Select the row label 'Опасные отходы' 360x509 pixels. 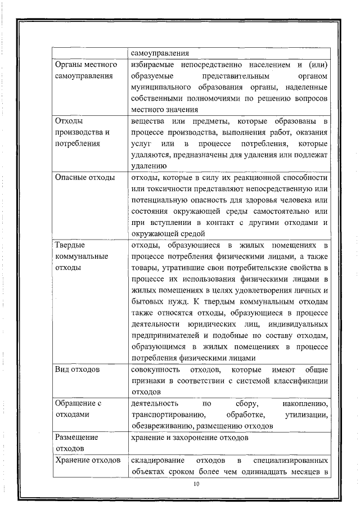(x=84, y=178)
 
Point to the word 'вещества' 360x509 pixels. (x=147, y=121)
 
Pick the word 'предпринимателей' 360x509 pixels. (x=165, y=335)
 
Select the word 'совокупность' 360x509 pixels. (x=155, y=370)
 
